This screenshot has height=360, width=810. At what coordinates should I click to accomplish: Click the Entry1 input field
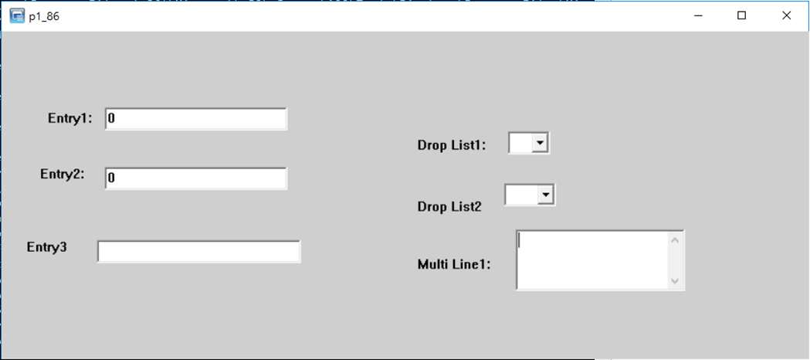[195, 119]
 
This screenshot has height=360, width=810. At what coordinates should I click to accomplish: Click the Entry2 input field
[195, 178]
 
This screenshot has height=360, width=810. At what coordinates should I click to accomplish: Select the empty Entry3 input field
[198, 252]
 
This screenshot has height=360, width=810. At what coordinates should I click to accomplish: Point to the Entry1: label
[70, 118]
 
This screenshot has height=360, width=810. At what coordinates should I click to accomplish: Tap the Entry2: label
[63, 174]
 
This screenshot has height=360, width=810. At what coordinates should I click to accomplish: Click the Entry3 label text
[47, 247]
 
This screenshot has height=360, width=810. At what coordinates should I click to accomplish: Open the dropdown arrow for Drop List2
[547, 195]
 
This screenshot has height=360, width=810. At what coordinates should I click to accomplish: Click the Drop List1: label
[452, 145]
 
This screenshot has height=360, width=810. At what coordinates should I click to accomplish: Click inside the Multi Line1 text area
[591, 260]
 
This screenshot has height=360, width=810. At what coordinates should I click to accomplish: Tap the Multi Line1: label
[455, 264]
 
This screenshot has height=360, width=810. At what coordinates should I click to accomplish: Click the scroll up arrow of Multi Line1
[676, 239]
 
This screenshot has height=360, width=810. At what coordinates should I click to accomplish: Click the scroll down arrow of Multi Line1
[676, 280]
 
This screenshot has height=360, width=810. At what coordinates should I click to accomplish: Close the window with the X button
[786, 15]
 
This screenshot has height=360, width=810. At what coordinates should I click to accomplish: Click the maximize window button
[742, 15]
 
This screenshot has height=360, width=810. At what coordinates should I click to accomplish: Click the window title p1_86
[44, 16]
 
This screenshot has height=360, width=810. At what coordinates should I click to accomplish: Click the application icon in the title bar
[17, 16]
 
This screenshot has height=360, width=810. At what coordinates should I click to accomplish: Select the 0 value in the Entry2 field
[112, 178]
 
